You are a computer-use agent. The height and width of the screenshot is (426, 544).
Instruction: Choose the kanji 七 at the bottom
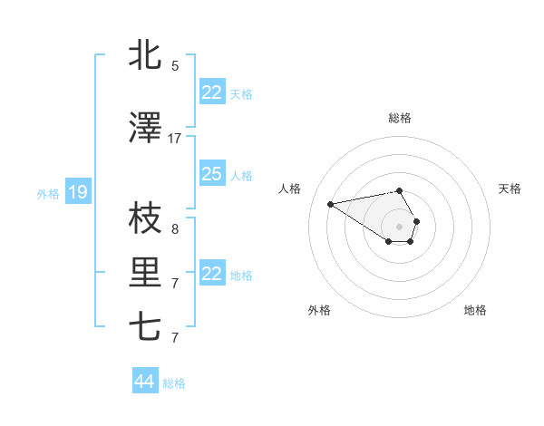pyautogui.click(x=145, y=327)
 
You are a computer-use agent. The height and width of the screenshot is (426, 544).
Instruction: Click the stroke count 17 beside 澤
pyautogui.click(x=175, y=139)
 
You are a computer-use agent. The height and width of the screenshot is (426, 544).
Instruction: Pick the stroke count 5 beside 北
pyautogui.click(x=175, y=66)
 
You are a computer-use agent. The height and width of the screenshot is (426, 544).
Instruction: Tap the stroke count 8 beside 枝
pyautogui.click(x=175, y=229)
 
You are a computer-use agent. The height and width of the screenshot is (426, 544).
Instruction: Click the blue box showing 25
pyautogui.click(x=211, y=174)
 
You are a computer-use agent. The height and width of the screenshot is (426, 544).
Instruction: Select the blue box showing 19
pyautogui.click(x=77, y=192)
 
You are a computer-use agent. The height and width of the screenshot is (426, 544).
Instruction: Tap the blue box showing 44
pyautogui.click(x=144, y=382)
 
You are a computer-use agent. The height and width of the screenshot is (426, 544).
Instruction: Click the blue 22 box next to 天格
pyautogui.click(x=211, y=92)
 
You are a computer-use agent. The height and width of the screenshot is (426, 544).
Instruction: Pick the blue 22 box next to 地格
pyautogui.click(x=211, y=274)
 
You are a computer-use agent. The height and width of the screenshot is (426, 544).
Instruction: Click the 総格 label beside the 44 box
pyautogui.click(x=174, y=383)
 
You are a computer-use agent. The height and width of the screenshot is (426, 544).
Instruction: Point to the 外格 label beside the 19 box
pyautogui.click(x=48, y=193)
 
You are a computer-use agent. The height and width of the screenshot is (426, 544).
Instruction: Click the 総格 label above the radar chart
pyautogui.click(x=400, y=118)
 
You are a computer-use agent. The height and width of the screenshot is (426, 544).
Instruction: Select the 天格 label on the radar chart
pyautogui.click(x=510, y=189)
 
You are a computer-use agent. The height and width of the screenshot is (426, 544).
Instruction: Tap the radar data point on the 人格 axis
pyautogui.click(x=331, y=203)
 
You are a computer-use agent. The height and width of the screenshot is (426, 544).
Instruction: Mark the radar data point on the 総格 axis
pyautogui.click(x=400, y=191)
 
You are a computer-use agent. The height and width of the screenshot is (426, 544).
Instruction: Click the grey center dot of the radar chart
pyautogui.click(x=400, y=226)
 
